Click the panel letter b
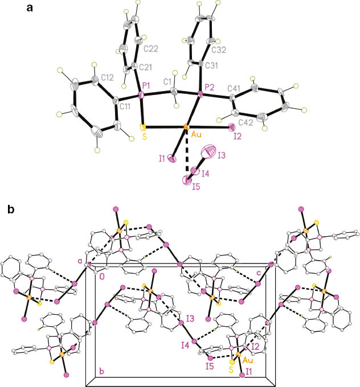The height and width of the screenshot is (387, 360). click(x=12, y=209)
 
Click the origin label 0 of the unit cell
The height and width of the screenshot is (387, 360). click(x=103, y=277)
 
